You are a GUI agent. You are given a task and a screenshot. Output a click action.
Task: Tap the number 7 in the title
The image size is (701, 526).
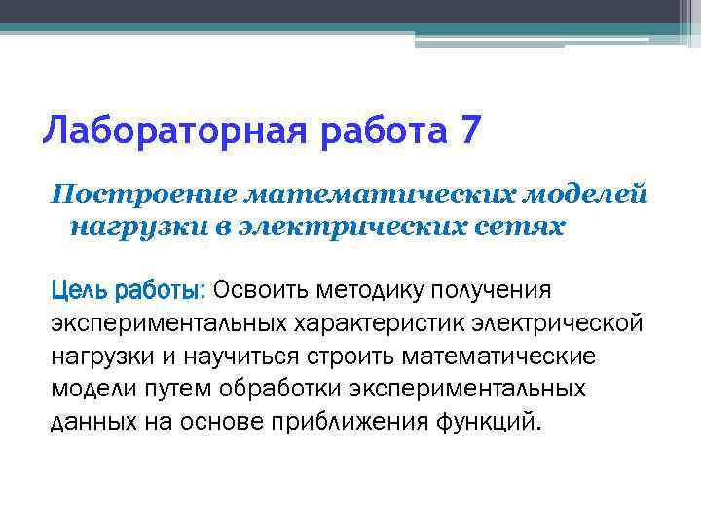point(466,129)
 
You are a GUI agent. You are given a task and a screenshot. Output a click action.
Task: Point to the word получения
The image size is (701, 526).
point(497,290)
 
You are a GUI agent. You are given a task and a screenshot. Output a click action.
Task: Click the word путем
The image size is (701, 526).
point(168,390)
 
